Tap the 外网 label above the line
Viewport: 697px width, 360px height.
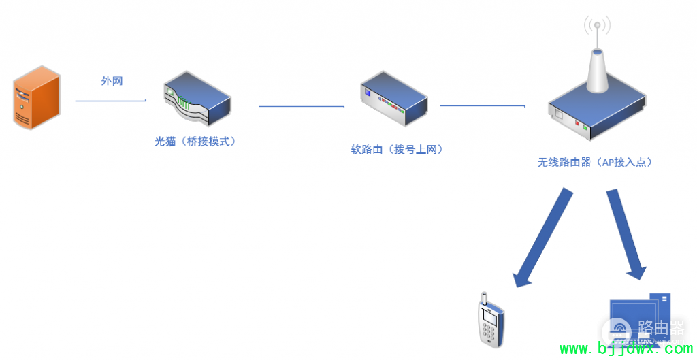(x=112, y=81)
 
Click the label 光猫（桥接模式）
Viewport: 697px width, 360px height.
(x=195, y=142)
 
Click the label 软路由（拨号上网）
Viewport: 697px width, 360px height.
(x=397, y=150)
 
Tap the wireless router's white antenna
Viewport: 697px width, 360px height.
(x=597, y=68)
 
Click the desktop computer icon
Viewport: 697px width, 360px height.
(x=640, y=323)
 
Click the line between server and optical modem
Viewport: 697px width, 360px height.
(x=110, y=101)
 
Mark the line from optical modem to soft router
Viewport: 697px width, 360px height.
(x=301, y=106)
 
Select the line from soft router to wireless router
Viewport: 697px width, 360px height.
(x=482, y=105)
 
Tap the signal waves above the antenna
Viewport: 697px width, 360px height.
(x=597, y=26)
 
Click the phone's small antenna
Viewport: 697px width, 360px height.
(x=483, y=299)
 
